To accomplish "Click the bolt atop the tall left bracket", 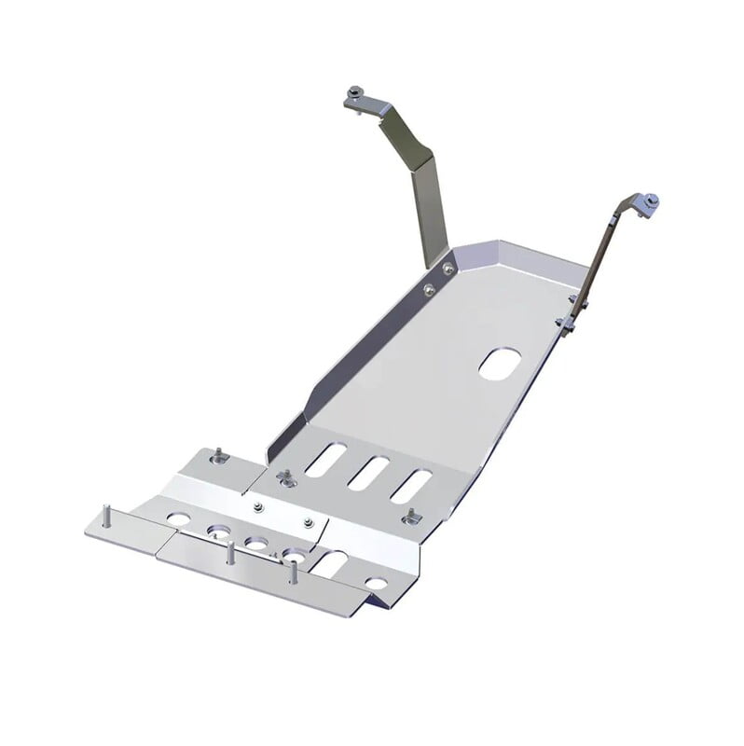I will click(356, 93).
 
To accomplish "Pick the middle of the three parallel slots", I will click(368, 472).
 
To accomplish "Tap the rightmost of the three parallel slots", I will click(410, 487).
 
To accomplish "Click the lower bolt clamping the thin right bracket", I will click(567, 323).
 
